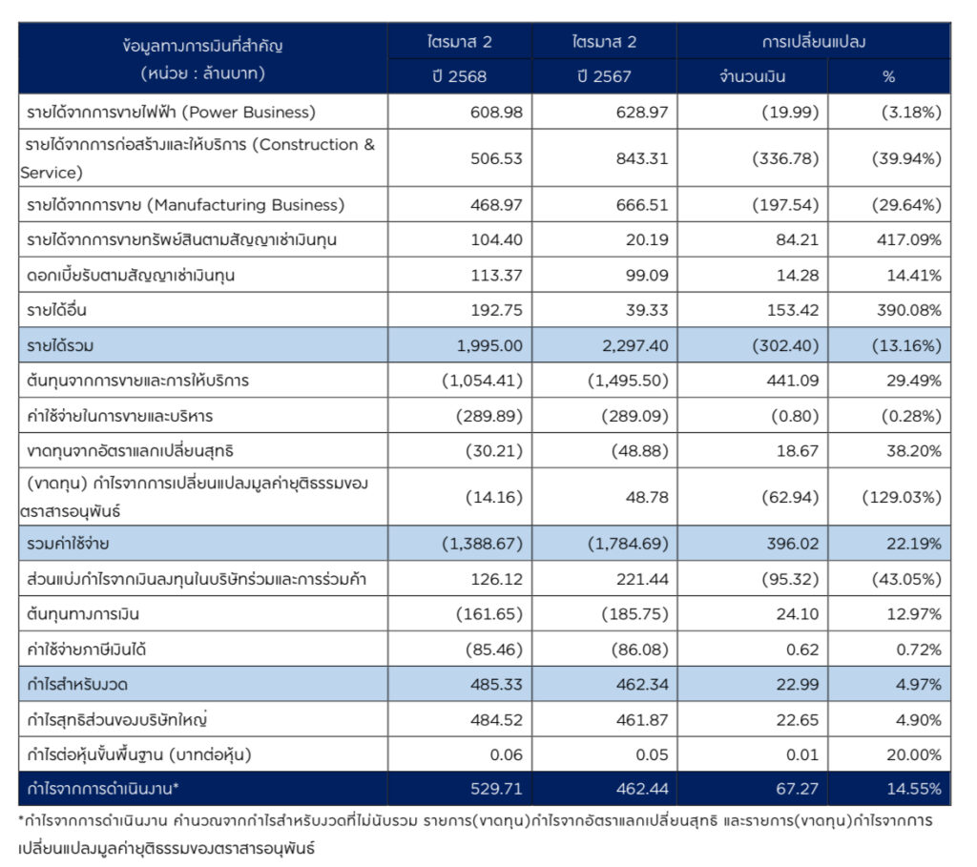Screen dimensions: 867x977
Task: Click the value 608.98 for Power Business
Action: (x=496, y=113)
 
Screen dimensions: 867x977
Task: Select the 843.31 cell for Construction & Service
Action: (x=641, y=158)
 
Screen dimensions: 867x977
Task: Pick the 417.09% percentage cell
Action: (x=908, y=240)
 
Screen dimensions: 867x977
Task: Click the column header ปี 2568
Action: (x=460, y=76)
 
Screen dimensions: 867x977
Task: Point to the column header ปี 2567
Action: (x=604, y=76)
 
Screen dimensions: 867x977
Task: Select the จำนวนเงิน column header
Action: (x=752, y=76)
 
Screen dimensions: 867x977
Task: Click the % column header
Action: (x=889, y=76)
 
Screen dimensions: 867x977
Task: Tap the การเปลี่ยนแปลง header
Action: (x=813, y=42)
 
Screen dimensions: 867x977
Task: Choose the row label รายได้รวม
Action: (x=60, y=344)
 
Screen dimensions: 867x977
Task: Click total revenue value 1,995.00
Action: (x=490, y=344)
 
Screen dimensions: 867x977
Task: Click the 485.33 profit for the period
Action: (x=496, y=685)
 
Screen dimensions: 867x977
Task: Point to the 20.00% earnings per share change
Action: (x=913, y=754)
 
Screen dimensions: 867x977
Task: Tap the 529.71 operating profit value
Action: (x=496, y=789)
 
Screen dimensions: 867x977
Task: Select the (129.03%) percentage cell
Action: (x=902, y=497)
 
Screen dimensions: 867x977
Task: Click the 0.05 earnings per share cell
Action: (x=652, y=754)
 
